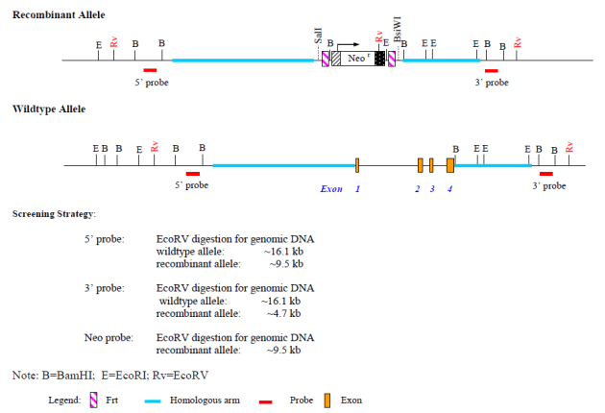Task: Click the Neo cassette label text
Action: (356, 60)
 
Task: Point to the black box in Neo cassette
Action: (380, 59)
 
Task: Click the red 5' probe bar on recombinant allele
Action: (150, 70)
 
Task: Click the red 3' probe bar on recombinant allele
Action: (492, 70)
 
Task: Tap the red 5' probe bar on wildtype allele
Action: (192, 174)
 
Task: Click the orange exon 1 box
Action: (357, 164)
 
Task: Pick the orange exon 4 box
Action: (450, 164)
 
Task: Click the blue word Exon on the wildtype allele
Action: (331, 189)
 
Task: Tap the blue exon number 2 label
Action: (418, 189)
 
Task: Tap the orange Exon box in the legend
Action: (328, 400)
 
